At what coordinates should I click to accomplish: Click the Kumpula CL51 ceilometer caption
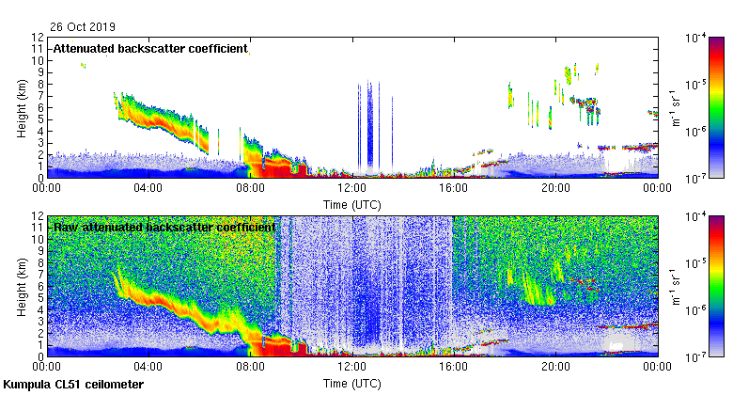point(73,386)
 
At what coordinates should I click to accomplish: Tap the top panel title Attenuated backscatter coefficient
point(150,48)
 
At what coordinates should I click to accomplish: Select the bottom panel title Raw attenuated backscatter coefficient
point(164,227)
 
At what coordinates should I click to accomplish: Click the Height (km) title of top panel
point(22,107)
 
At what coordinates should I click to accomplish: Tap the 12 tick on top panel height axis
point(38,37)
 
